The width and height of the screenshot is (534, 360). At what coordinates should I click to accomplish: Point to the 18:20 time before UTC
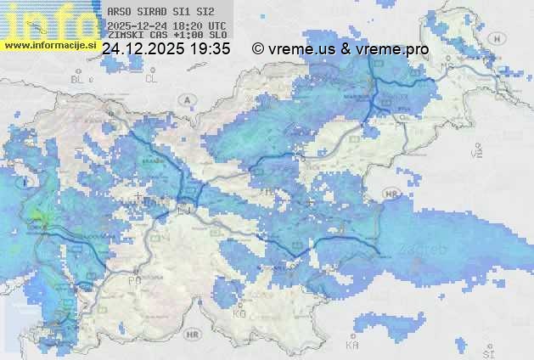189,25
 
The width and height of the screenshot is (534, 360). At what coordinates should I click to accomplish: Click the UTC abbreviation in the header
217,25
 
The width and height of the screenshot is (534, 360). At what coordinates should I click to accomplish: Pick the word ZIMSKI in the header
126,35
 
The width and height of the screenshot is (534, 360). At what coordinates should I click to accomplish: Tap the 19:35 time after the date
210,49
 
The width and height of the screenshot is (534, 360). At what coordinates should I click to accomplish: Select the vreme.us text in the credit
301,49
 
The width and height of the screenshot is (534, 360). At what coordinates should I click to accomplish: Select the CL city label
151,79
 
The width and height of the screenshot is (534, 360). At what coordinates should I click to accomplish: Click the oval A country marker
186,99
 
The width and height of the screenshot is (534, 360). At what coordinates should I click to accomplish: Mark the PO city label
133,280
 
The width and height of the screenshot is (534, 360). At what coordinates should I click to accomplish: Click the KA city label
352,346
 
